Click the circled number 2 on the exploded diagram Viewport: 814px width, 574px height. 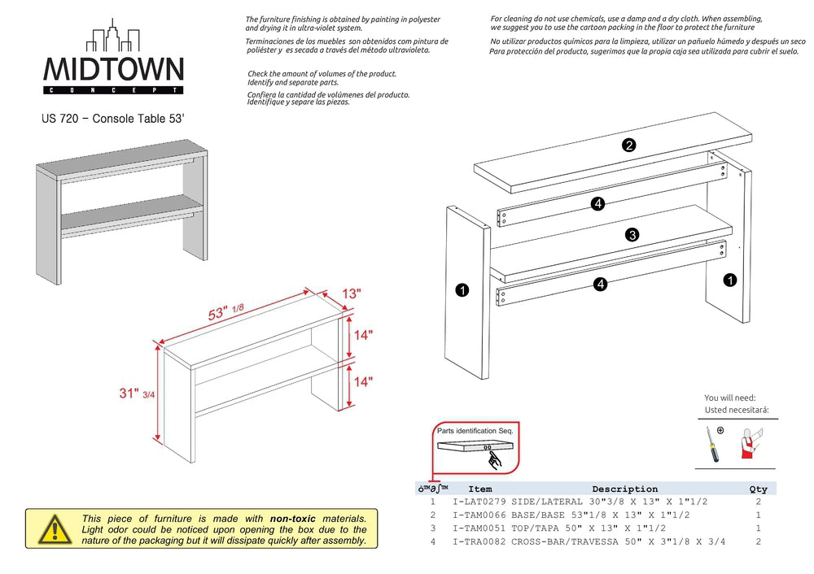[628, 146]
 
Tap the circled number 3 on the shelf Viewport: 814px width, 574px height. [632, 235]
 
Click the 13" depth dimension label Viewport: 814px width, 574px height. [350, 294]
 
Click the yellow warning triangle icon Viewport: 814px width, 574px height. [53, 529]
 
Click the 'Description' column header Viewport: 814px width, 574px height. [624, 489]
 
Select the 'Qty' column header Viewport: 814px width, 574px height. [757, 489]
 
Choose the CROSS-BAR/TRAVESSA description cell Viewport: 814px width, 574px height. [618, 541]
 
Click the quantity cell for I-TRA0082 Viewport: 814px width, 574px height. [758, 541]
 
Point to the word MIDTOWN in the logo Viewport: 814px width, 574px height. [113, 69]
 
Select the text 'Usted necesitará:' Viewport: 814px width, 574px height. [736, 410]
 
